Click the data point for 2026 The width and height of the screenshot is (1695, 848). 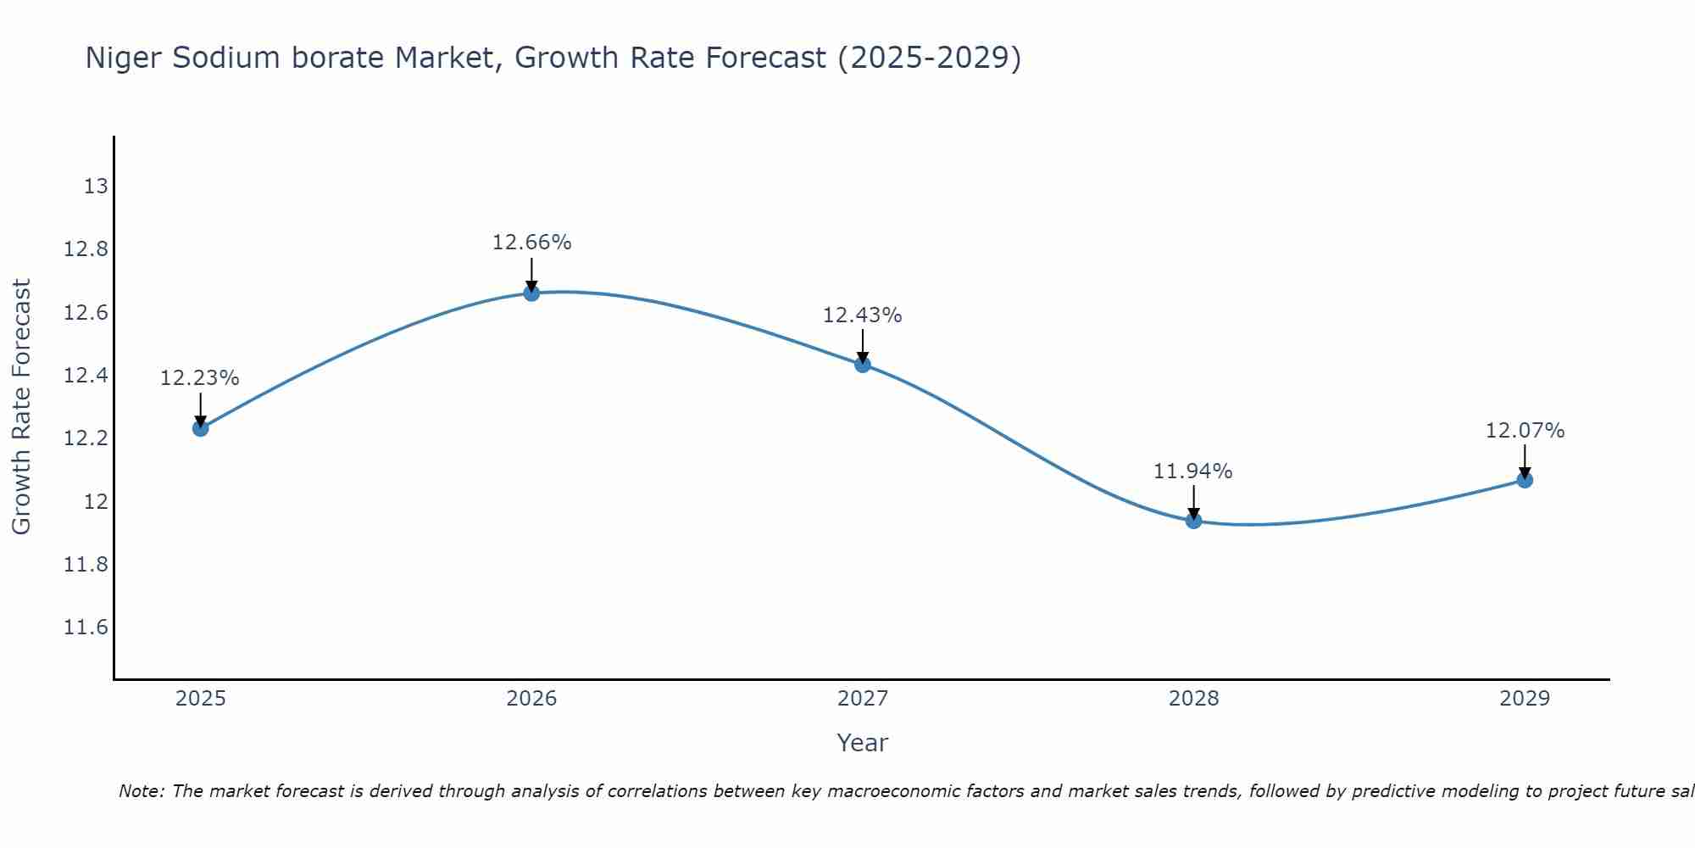(531, 293)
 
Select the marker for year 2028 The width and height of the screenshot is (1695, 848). (1193, 521)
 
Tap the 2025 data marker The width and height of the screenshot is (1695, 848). (200, 428)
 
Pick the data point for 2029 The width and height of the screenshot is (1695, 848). (1525, 480)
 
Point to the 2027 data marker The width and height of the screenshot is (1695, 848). (863, 365)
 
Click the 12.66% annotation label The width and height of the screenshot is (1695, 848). (531, 243)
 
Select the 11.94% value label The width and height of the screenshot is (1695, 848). (1192, 471)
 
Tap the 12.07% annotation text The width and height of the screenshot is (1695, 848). (1525, 431)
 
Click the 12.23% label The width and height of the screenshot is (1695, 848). (200, 378)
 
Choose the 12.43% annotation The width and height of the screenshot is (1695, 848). (862, 315)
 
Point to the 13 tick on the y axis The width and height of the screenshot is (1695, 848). (96, 187)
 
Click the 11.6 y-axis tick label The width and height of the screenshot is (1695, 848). (86, 628)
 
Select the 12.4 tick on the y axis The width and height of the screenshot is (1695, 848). (86, 376)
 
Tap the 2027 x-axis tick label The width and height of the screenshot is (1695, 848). (863, 699)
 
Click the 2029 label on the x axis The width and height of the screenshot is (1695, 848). (1525, 699)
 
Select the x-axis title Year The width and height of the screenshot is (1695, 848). (862, 743)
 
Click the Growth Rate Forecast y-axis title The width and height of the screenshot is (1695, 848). (21, 407)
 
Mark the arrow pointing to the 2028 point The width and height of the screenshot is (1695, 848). (1193, 502)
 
